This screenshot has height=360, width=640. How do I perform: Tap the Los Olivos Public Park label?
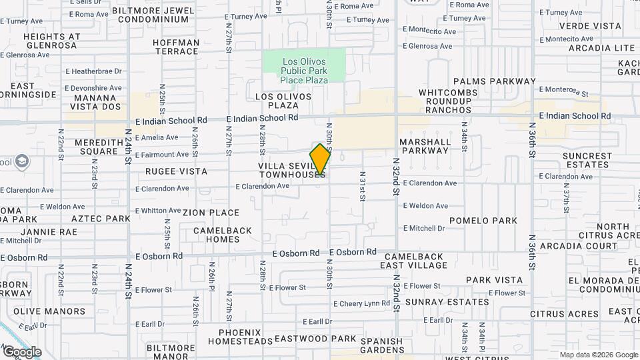[304, 69]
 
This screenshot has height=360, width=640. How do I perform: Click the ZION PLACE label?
[211, 213]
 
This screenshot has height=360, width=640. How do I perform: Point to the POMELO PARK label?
[483, 220]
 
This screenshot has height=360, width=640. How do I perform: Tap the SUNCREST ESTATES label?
[587, 161]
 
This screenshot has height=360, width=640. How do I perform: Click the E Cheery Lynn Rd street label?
[362, 303]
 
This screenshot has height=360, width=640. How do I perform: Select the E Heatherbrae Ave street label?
[93, 71]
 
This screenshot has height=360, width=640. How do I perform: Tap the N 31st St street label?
[363, 189]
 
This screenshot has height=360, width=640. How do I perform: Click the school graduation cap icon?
[22, 161]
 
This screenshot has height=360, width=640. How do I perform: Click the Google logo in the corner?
[21, 351]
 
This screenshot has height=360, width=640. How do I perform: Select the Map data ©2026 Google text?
[598, 355]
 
